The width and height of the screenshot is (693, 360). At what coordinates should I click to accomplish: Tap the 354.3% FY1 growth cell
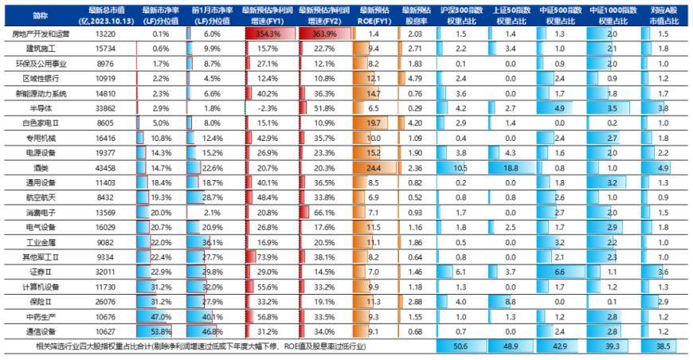pyautogui.click(x=268, y=34)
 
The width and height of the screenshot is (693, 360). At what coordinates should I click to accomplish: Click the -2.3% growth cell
pyautogui.click(x=268, y=108)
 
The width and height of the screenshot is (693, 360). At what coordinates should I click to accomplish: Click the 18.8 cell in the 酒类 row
pyautogui.click(x=510, y=168)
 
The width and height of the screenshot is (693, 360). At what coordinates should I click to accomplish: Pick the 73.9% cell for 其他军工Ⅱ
pyautogui.click(x=268, y=257)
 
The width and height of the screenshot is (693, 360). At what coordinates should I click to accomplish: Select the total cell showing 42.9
pyautogui.click(x=562, y=347)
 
